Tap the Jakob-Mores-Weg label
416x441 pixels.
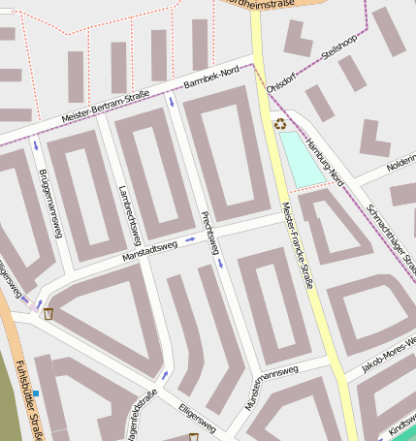click(x=388, y=355)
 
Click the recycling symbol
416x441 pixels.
click(x=280, y=123)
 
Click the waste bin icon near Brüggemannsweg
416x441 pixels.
click(x=48, y=313)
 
